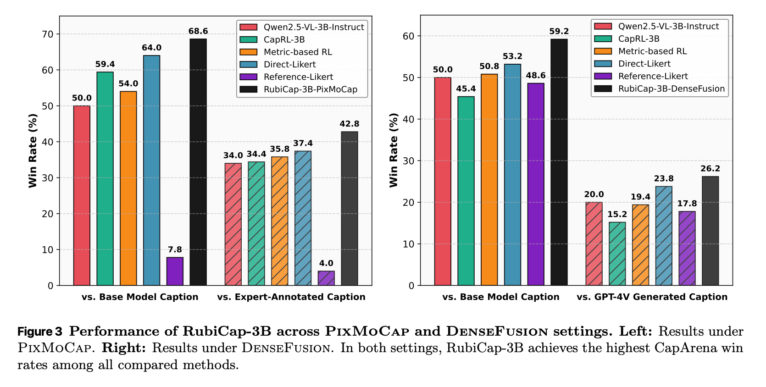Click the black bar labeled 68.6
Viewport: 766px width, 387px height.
(198, 162)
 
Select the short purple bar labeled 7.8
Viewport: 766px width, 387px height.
(175, 271)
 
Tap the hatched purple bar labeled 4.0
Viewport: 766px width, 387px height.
(326, 278)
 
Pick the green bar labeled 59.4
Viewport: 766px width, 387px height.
(105, 178)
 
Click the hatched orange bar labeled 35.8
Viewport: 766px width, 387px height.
(280, 221)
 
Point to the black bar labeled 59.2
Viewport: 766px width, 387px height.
(559, 162)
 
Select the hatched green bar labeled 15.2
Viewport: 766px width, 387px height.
(617, 254)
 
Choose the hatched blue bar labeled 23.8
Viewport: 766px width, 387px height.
(664, 236)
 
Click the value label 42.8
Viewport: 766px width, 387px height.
(349, 124)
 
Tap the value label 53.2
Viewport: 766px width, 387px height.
(513, 56)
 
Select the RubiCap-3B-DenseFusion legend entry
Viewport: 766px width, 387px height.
(659, 88)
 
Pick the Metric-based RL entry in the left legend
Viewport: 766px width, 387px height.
(286, 52)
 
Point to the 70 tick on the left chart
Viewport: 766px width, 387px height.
(48, 34)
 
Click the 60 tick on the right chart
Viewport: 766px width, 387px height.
(409, 36)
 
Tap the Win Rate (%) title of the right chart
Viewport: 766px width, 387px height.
(394, 150)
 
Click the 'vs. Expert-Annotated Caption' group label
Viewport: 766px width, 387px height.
(291, 297)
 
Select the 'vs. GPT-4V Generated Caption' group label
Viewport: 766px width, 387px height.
(652, 297)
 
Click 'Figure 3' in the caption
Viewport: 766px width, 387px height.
(40, 332)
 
